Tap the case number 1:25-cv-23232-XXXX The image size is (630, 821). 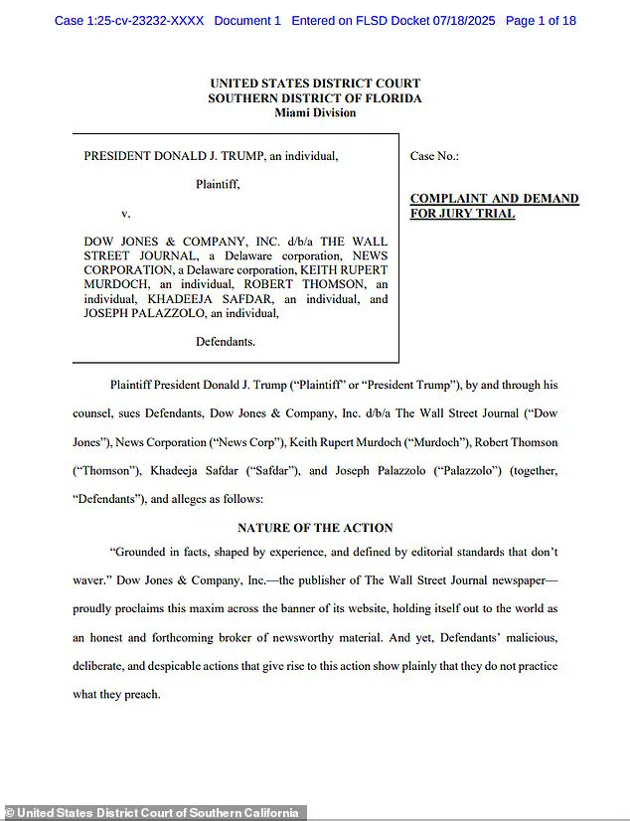coord(144,20)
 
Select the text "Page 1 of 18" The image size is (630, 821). coord(541,20)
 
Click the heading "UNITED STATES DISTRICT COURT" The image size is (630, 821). coord(315,83)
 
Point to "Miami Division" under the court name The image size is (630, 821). coord(315,112)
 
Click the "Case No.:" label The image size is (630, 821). coord(434,156)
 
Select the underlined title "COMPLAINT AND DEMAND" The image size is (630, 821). coord(494,199)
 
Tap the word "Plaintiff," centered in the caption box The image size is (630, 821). coord(218,184)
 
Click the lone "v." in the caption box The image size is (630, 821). coord(126,213)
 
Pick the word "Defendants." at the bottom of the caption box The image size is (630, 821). coord(226,341)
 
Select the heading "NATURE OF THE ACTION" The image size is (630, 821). coord(315,528)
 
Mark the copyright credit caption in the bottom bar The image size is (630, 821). coord(152,813)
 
